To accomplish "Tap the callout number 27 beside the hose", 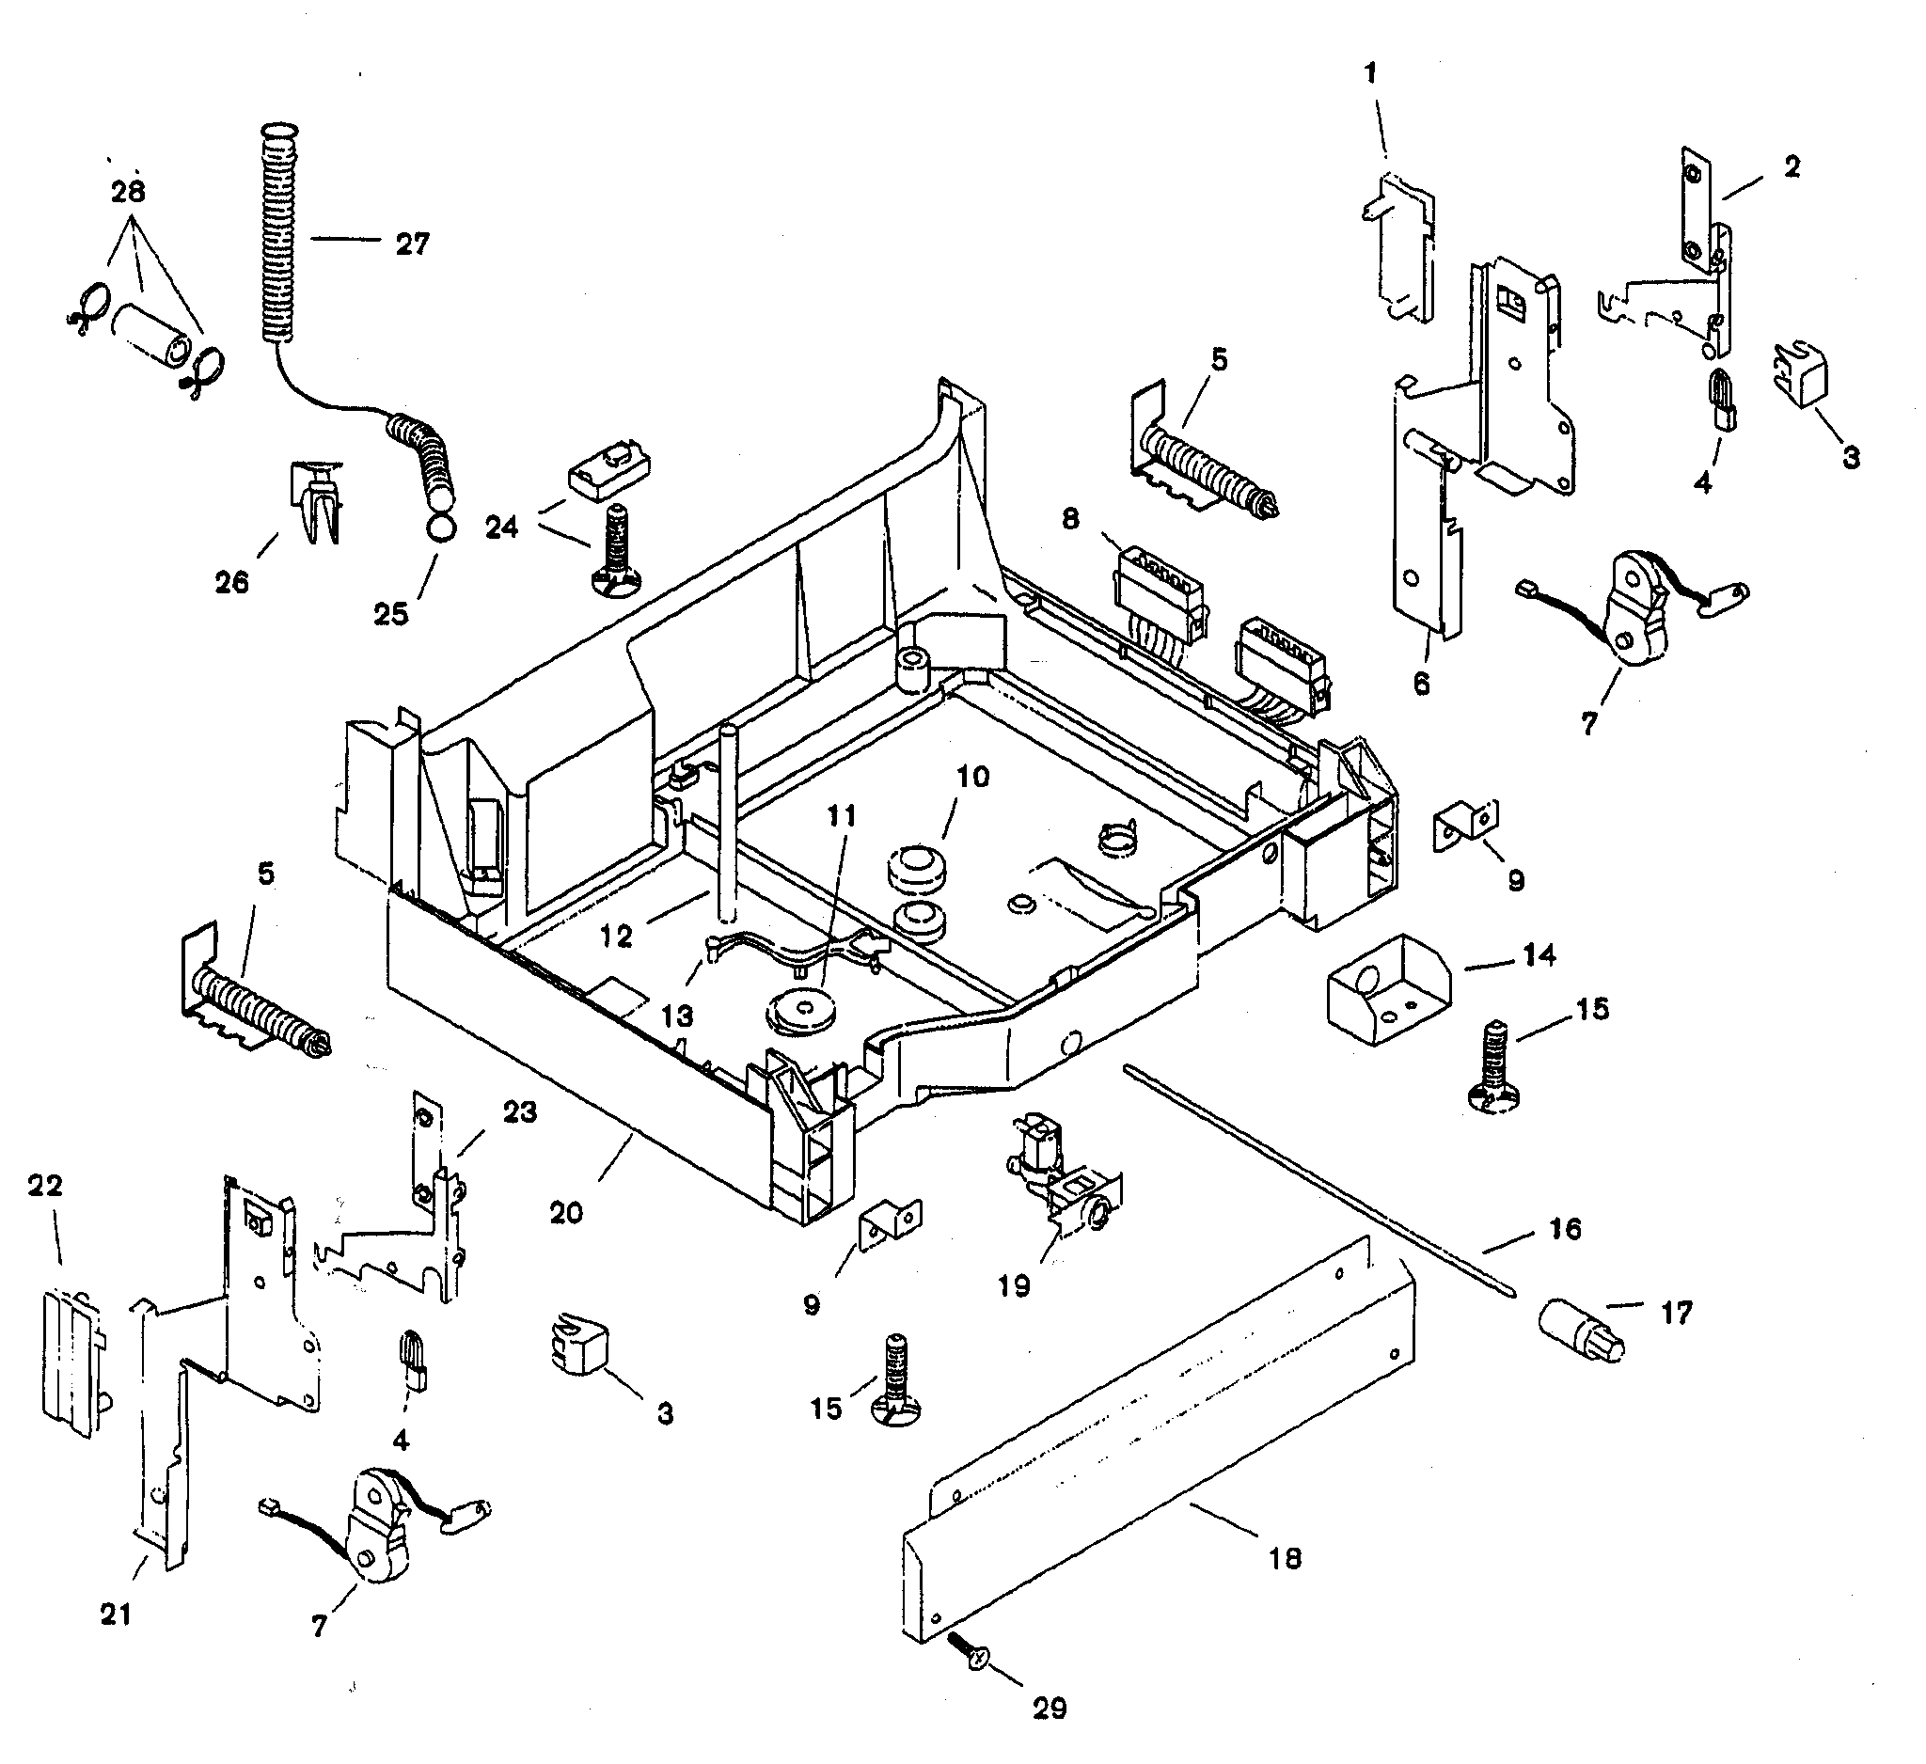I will pos(413,244).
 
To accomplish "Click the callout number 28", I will pos(128,192).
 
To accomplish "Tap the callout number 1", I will pos(1371,73).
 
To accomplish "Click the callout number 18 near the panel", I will pos(1285,1559).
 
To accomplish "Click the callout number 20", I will pos(566,1213).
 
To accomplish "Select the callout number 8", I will pos(1071,519).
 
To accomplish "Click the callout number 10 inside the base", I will pos(972,777).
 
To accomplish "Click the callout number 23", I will pos(520,1111).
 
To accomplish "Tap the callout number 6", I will pos(1422,684).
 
